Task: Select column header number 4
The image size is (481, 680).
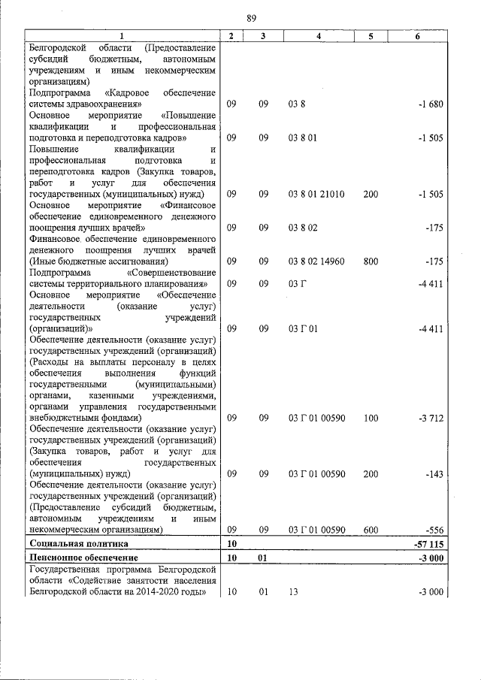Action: tap(319, 36)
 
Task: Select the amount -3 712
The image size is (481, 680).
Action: tap(431, 418)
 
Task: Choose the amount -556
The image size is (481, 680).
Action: tap(434, 530)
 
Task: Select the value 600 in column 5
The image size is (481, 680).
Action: tap(371, 530)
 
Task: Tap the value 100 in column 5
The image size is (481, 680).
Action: tap(371, 418)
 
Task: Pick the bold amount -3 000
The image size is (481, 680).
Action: tap(431, 558)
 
